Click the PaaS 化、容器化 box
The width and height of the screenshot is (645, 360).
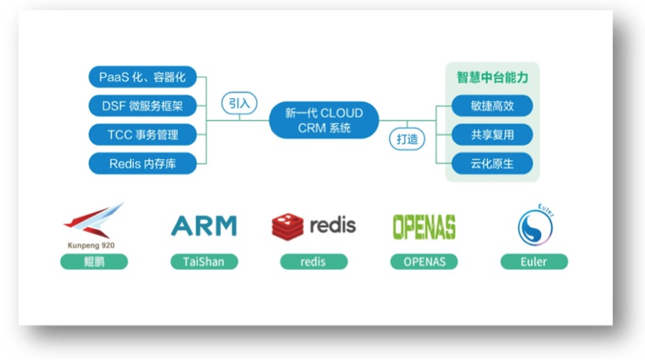pyautogui.click(x=142, y=77)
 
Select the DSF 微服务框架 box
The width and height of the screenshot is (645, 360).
pyautogui.click(x=142, y=105)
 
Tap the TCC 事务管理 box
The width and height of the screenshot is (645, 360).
pyautogui.click(x=142, y=135)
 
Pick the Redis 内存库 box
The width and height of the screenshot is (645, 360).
pyautogui.click(x=142, y=163)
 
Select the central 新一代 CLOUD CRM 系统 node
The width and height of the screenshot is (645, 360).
pyautogui.click(x=323, y=120)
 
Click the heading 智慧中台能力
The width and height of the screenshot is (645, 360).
pyautogui.click(x=493, y=78)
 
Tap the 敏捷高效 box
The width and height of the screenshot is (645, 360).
pyautogui.click(x=493, y=106)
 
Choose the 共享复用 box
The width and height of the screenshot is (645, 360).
pyautogui.click(x=493, y=135)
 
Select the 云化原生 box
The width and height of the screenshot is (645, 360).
pyautogui.click(x=493, y=163)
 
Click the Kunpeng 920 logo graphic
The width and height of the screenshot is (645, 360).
pyautogui.click(x=94, y=222)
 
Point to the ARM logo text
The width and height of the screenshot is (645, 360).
pyautogui.click(x=204, y=226)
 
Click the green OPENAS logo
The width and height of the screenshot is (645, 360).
pyautogui.click(x=423, y=226)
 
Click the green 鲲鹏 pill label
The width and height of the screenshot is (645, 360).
pyautogui.click(x=94, y=262)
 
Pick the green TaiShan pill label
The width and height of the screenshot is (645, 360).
pyautogui.click(x=204, y=262)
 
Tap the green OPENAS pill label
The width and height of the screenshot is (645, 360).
pyautogui.click(x=423, y=262)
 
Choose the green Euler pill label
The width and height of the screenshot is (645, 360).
pyautogui.click(x=533, y=262)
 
